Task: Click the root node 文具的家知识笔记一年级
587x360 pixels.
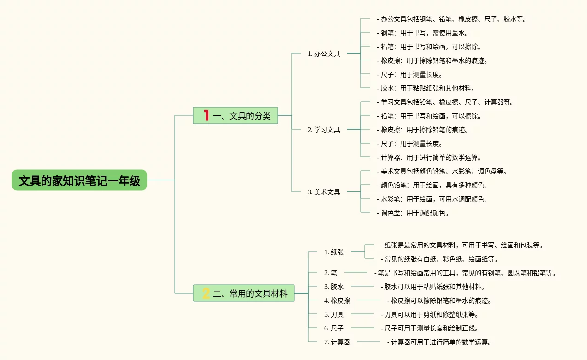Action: [79, 180]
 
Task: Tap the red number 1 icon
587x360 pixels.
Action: [206, 115]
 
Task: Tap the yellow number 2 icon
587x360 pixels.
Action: [206, 293]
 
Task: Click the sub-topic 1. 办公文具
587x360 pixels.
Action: [323, 54]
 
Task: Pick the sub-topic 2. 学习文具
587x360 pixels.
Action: [323, 130]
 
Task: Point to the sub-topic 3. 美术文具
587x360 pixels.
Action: [323, 192]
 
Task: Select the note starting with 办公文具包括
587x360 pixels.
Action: [452, 19]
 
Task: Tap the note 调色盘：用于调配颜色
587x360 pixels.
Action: [413, 213]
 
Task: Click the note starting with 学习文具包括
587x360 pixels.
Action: [445, 102]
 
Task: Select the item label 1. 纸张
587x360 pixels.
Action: [334, 252]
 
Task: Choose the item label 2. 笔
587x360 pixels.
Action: [330, 273]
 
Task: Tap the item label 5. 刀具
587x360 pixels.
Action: [334, 314]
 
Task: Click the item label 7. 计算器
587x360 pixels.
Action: [337, 342]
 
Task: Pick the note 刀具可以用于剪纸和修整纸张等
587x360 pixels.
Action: [430, 315]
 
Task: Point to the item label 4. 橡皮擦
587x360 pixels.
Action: [337, 300]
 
